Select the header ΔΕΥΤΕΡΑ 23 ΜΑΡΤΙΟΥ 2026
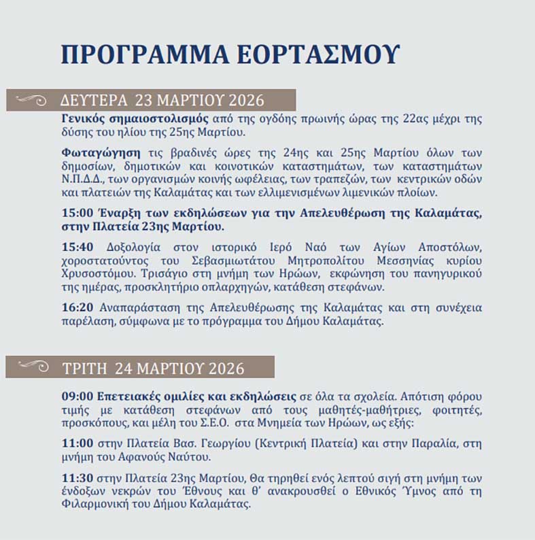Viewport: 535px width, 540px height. [x=162, y=101]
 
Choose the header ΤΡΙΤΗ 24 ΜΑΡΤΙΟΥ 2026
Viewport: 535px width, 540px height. [x=153, y=368]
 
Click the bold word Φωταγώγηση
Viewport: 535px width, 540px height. [x=90, y=152]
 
